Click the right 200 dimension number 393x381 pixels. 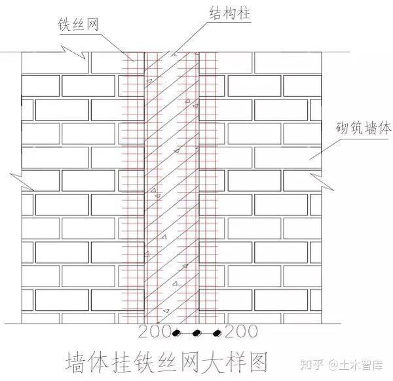pos(240,331)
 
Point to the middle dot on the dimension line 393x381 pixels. pos(196,333)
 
